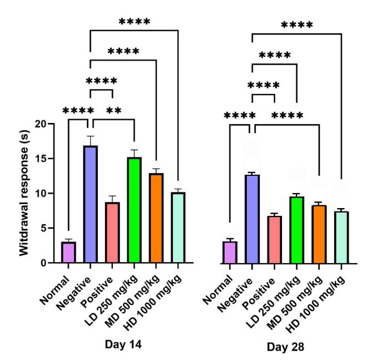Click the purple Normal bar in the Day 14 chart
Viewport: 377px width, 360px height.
point(68,252)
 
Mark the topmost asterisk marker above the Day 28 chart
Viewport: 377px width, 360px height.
point(296,25)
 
